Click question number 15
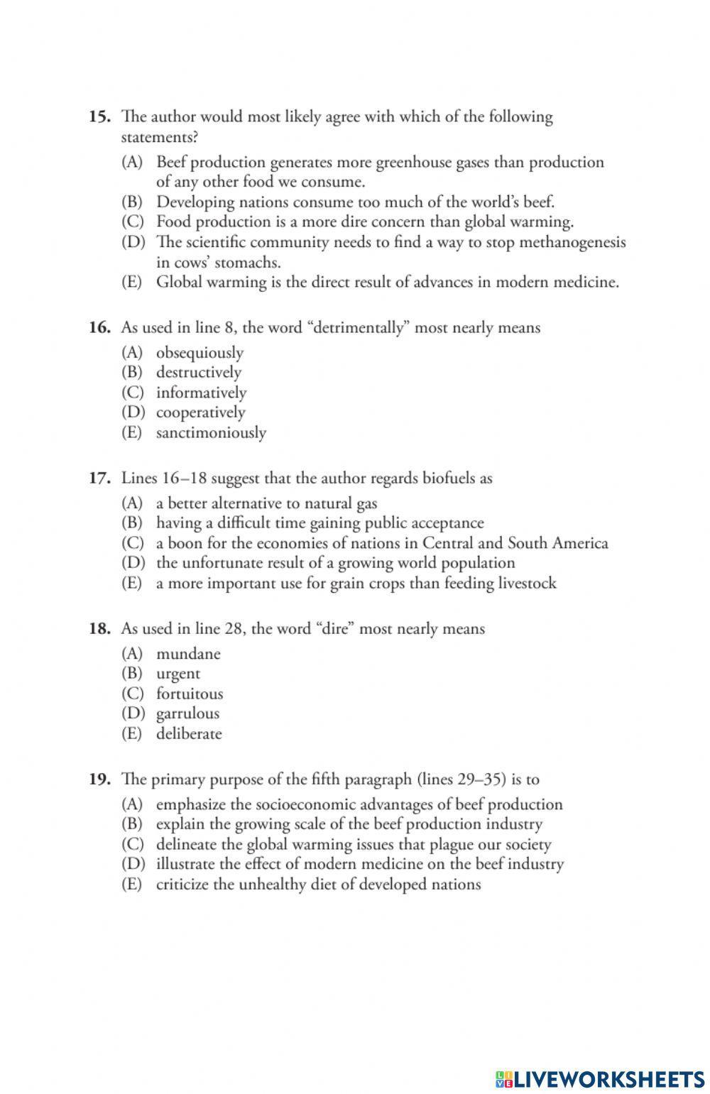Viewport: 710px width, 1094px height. [x=98, y=116]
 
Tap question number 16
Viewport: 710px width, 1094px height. [x=99, y=327]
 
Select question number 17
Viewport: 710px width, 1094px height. [x=99, y=478]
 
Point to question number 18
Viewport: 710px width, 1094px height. [x=99, y=628]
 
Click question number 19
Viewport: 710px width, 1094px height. [x=99, y=779]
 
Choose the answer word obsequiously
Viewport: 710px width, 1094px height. [x=200, y=353]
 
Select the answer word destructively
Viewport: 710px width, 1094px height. [x=199, y=373]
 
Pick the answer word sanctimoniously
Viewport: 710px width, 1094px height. [x=211, y=432]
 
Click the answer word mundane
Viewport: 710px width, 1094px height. [x=188, y=654]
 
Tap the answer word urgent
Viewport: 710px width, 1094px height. [x=178, y=674]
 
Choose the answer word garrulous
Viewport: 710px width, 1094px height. [x=187, y=713]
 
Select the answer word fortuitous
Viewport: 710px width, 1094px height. [x=190, y=694]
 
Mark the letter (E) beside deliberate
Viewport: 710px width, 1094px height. [x=132, y=733]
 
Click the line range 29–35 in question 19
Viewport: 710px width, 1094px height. [x=478, y=779]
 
